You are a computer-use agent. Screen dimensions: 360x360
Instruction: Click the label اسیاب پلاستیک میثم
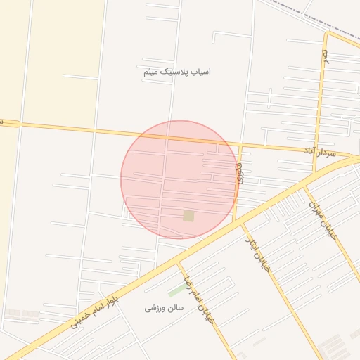tap(176, 72)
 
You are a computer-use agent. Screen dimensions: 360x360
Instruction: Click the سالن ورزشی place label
tap(164, 308)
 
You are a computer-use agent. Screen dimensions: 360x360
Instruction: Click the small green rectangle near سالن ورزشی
tap(176, 290)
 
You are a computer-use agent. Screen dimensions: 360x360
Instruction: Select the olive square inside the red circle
tap(188, 215)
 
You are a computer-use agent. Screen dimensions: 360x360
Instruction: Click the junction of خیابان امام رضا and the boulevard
tap(179, 262)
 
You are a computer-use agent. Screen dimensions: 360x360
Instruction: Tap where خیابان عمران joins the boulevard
tap(304, 186)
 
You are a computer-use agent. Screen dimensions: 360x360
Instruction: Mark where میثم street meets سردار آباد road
tap(240, 145)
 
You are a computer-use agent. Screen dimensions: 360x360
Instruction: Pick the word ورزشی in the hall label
tap(155, 308)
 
